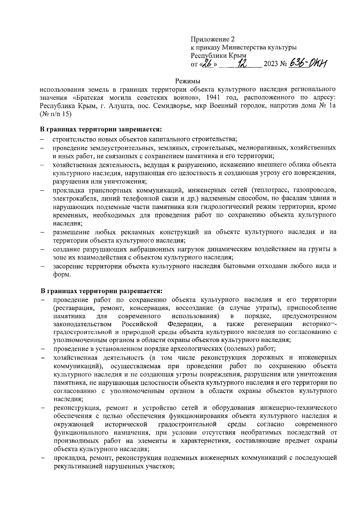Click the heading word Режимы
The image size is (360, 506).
187,81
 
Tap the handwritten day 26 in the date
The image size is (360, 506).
207,64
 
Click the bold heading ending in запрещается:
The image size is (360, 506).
101,130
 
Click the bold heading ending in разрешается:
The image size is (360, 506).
101,291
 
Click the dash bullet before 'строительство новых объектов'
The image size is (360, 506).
43,139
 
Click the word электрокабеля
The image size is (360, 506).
72,198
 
